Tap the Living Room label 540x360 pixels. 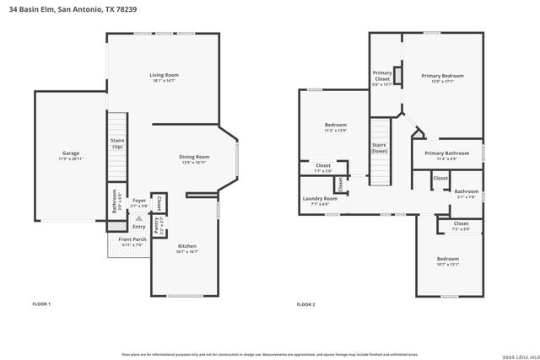click(165, 75)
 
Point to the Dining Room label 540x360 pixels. click(194, 157)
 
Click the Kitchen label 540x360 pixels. click(186, 246)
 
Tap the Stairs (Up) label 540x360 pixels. click(116, 144)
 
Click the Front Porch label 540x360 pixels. click(133, 240)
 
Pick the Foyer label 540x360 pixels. click(138, 201)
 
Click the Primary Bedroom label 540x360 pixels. click(442, 76)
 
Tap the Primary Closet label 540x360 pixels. click(382, 76)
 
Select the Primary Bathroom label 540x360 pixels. click(446, 153)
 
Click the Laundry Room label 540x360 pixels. click(320, 199)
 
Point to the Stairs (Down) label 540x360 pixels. click(379, 148)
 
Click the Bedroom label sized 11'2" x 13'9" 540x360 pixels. click(335, 126)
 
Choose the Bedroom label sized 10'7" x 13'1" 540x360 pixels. click(448, 259)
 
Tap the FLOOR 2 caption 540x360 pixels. click(305, 304)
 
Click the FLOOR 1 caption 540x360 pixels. click(41, 304)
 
